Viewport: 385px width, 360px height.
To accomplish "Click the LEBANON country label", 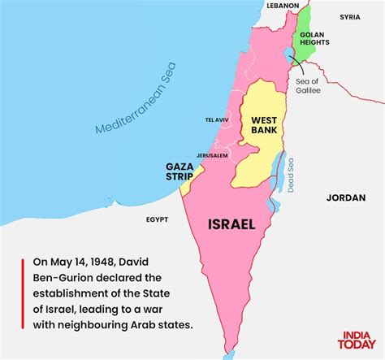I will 284,5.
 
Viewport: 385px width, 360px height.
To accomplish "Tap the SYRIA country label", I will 350,16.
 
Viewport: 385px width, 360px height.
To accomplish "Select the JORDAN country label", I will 346,197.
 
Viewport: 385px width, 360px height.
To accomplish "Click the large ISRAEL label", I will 231,223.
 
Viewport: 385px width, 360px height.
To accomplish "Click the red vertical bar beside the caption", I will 22,294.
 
